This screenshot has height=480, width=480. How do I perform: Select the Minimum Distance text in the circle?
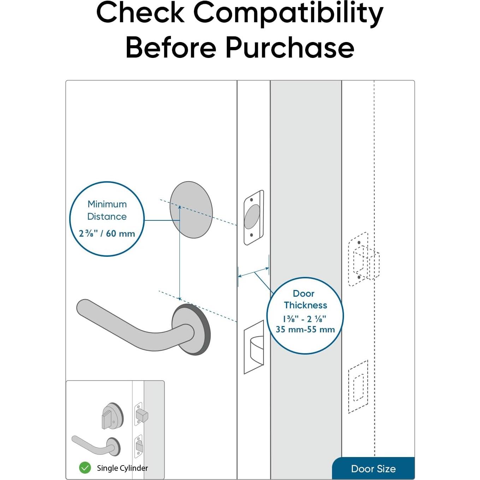107,210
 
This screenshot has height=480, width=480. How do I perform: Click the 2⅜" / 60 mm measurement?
107,233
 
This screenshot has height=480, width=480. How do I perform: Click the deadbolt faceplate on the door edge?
254,217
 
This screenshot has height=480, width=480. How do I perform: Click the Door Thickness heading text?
305,299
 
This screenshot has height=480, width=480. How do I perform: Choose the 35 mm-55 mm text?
305,330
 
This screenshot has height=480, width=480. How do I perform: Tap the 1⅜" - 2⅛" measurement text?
304,319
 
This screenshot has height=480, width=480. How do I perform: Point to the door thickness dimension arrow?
254,272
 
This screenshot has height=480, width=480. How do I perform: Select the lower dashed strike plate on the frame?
358,387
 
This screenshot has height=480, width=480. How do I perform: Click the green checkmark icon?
85,468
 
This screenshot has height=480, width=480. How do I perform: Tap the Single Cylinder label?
122,468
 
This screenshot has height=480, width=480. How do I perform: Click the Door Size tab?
373,469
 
